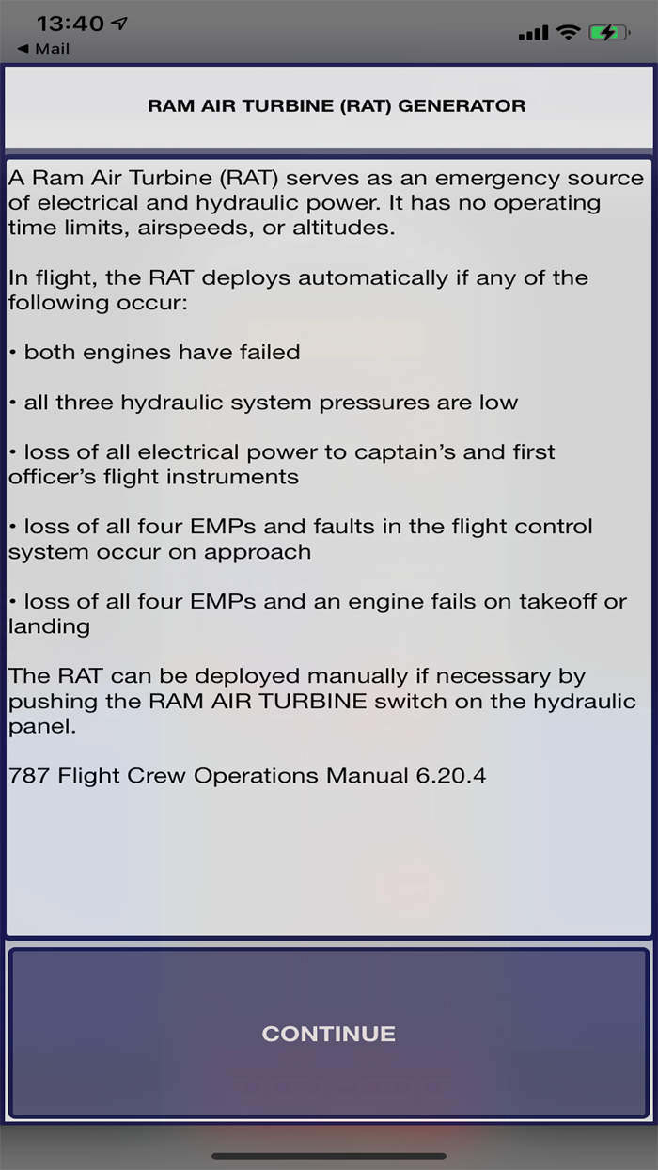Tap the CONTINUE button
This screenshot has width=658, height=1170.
328,1034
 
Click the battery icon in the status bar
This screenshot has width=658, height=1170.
609,33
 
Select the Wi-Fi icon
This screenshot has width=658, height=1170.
568,33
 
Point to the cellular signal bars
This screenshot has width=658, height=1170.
533,34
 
